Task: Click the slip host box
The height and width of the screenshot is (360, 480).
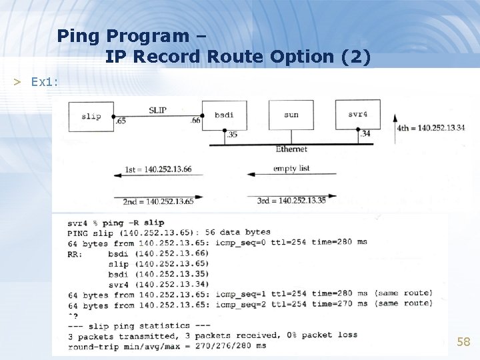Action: pyautogui.click(x=91, y=116)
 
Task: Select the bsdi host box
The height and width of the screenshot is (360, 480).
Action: pyautogui.click(x=224, y=115)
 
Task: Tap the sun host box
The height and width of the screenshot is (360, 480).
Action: pyautogui.click(x=291, y=115)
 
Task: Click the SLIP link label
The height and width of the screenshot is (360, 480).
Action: pyautogui.click(x=157, y=110)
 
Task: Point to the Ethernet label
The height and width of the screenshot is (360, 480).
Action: pyautogui.click(x=291, y=149)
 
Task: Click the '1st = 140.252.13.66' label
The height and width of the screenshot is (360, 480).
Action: pyautogui.click(x=158, y=169)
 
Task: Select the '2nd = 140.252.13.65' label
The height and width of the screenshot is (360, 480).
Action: pyautogui.click(x=158, y=201)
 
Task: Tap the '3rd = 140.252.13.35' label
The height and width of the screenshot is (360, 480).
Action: pyautogui.click(x=292, y=201)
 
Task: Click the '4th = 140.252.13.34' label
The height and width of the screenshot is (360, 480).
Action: pyautogui.click(x=431, y=128)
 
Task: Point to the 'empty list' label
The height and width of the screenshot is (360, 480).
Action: pyautogui.click(x=291, y=169)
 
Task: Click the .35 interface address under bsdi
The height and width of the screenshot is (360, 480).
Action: pyautogui.click(x=231, y=135)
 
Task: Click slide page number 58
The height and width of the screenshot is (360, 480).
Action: pyautogui.click(x=463, y=342)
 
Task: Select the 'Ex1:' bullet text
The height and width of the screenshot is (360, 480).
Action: pyautogui.click(x=45, y=81)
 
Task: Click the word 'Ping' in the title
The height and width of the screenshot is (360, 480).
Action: pyautogui.click(x=77, y=35)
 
